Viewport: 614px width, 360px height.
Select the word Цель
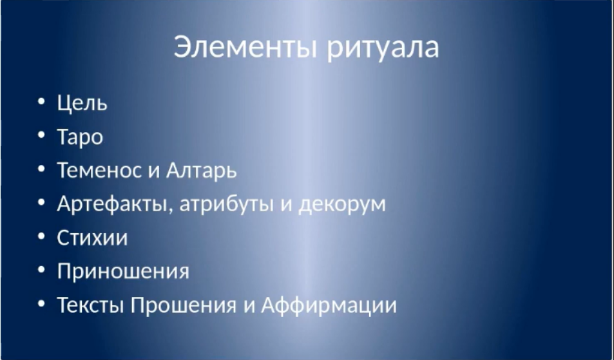[82, 103]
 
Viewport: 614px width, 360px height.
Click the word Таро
[81, 137]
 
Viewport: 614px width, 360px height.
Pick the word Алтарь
[202, 171]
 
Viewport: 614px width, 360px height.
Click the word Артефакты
[112, 204]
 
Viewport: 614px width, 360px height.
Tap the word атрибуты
[226, 204]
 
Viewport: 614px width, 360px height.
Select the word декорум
[342, 205]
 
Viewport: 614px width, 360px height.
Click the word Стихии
[92, 238]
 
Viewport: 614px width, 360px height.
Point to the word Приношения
[123, 271]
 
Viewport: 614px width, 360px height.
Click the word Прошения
[184, 305]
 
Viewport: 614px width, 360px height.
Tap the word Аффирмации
[329, 305]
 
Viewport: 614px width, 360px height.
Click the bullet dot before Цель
[41, 101]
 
